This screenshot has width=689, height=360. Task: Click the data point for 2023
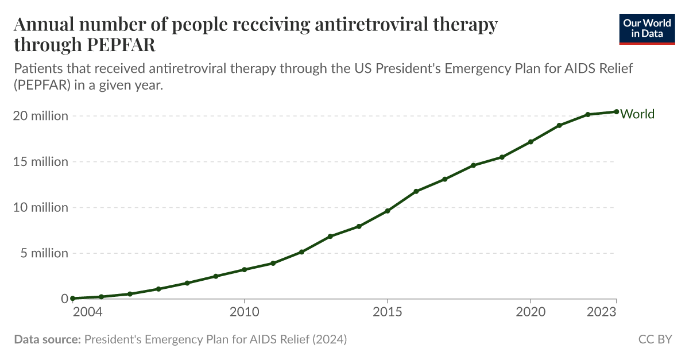(616, 111)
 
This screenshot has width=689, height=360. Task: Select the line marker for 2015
(388, 211)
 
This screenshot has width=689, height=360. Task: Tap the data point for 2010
(245, 269)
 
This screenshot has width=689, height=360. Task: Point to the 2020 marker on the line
(531, 142)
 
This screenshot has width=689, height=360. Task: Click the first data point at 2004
(73, 299)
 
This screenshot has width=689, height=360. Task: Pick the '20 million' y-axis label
(40, 115)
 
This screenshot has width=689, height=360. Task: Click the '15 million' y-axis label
(40, 161)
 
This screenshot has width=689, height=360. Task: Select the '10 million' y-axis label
(40, 207)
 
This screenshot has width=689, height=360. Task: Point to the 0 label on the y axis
(64, 299)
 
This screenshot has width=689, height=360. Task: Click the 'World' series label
(637, 114)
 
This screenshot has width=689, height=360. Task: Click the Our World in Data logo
(647, 28)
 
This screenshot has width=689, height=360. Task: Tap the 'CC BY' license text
(655, 339)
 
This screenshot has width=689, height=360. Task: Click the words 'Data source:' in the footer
(47, 339)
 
